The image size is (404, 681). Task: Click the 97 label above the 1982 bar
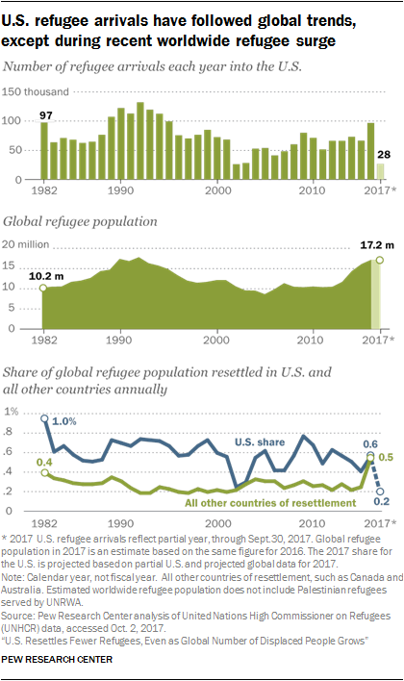pyautogui.click(x=43, y=115)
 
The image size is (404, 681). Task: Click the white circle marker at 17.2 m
pyautogui.click(x=380, y=259)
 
